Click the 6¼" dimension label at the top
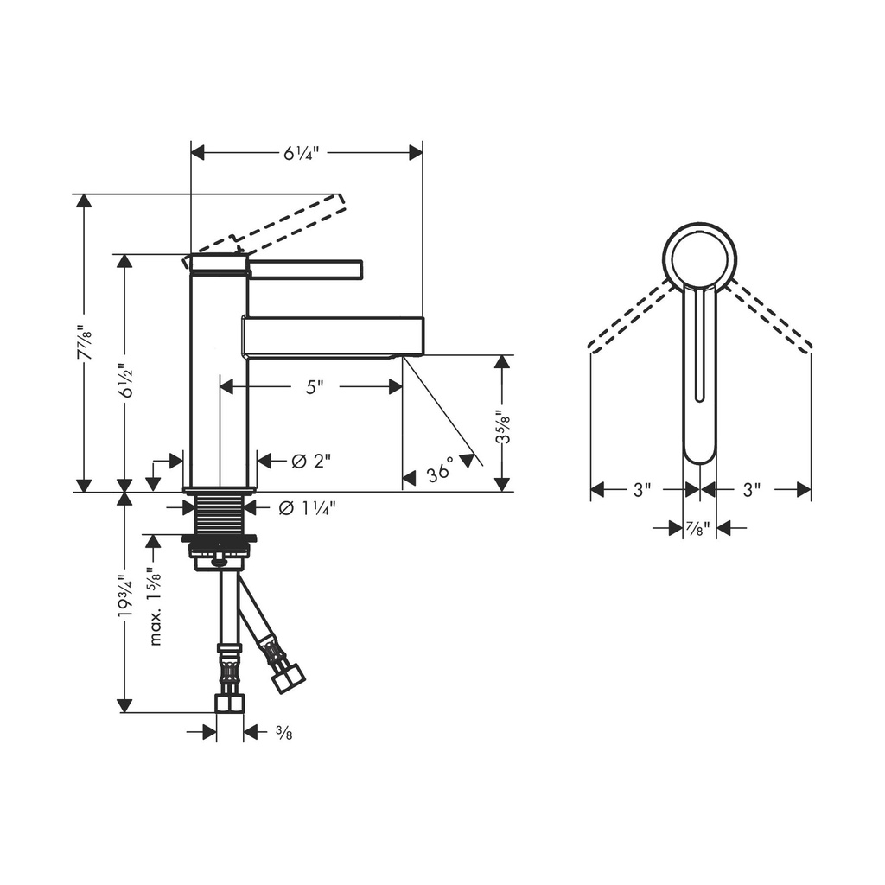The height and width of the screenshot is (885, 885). point(301,153)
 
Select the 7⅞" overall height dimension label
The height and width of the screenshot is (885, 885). point(86,342)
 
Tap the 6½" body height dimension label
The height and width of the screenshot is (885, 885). point(126,380)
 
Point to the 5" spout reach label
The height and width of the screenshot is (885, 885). point(315,387)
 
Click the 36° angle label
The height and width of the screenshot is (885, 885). point(440,470)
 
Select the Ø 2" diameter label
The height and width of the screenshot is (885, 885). point(310,462)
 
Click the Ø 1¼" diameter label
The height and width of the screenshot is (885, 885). point(307,508)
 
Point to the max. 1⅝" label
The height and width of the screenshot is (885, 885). point(156,606)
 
